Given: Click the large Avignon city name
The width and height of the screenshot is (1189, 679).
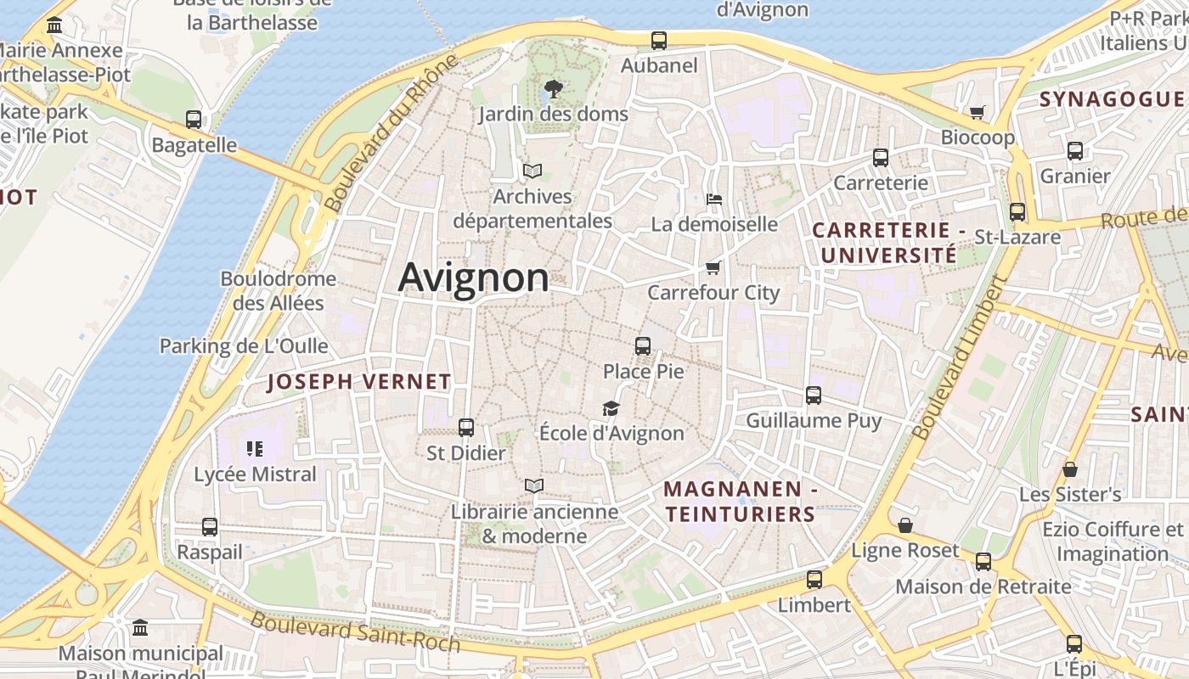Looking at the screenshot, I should tap(473, 278).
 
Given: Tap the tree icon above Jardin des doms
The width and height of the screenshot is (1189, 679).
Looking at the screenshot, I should tap(553, 88).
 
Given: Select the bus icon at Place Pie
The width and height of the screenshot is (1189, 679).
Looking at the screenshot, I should tap(643, 345).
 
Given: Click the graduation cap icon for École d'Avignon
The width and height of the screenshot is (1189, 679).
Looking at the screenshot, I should tap(611, 409).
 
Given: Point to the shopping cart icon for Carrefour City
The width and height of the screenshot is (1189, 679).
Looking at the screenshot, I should tap(713, 268).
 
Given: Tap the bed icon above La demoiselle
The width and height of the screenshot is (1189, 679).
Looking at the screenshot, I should tap(714, 199).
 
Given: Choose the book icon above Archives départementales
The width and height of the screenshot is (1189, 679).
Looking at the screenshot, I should tap(533, 171).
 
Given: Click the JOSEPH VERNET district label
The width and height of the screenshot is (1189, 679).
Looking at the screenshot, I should tap(359, 382).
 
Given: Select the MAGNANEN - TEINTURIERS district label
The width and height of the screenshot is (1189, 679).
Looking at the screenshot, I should tap(740, 502).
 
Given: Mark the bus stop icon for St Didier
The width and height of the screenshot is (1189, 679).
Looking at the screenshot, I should tap(466, 428).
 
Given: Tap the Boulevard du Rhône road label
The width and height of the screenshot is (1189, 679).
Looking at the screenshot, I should tap(392, 133).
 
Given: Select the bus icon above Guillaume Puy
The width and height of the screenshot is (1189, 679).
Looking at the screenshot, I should tap(814, 396).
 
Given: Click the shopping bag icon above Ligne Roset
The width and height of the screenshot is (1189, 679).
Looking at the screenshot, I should tap(905, 526).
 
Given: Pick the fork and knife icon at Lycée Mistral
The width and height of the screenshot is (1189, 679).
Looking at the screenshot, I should tap(255, 448).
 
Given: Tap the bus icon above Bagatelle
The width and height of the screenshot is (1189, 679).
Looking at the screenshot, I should tap(194, 120).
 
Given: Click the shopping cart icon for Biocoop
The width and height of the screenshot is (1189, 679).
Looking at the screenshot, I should tap(978, 112).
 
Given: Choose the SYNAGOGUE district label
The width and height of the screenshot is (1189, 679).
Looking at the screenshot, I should tap(1111, 99).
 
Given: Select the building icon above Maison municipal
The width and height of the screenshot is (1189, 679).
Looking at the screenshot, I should tap(140, 628).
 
